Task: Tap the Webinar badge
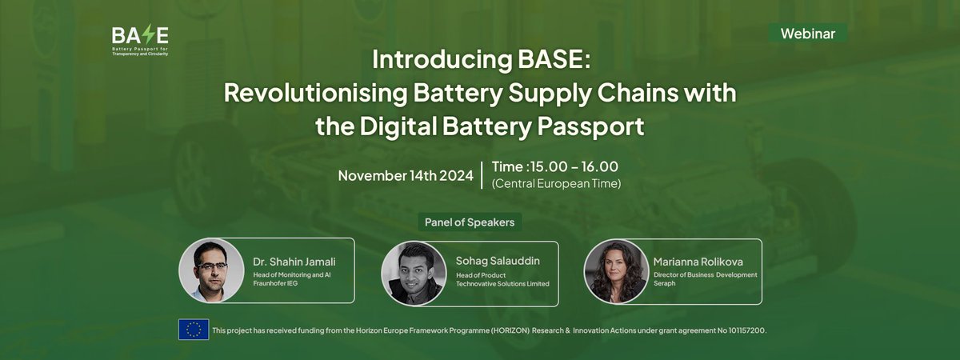807,34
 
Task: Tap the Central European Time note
556,183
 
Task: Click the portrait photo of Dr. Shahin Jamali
211,270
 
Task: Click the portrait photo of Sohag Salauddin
414,271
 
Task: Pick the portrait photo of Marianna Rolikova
616,271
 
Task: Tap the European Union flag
194,330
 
